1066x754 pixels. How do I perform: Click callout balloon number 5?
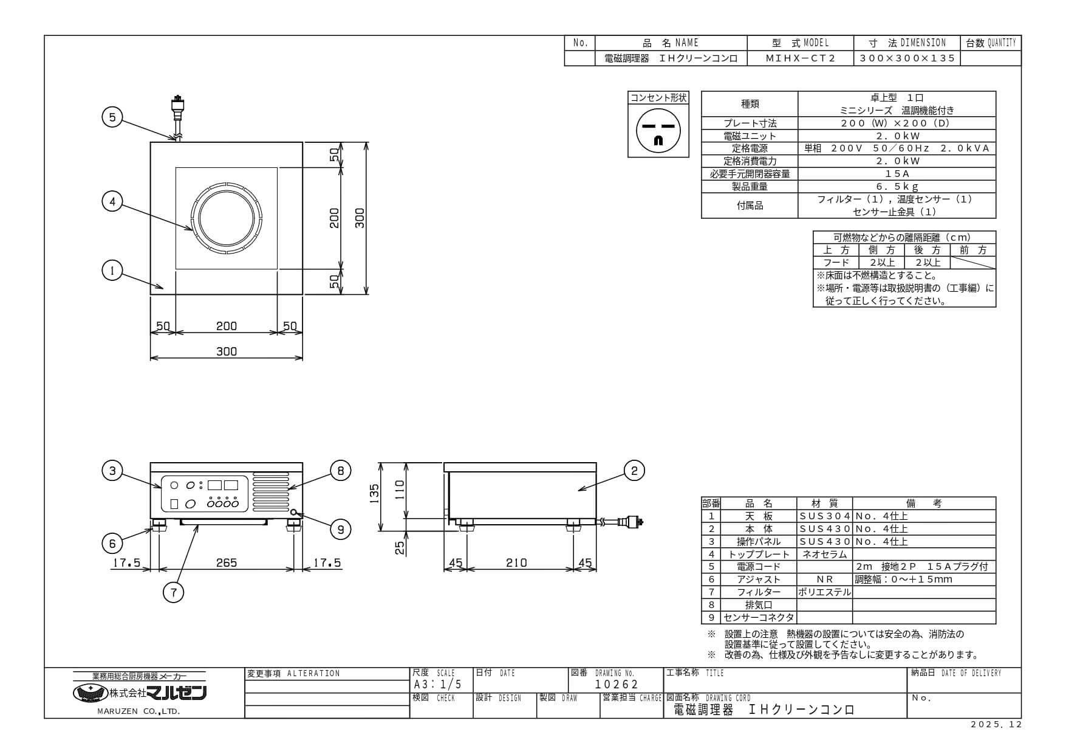coord(112,117)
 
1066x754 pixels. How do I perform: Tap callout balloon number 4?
coord(112,201)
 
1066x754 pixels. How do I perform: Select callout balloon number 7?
coord(174,592)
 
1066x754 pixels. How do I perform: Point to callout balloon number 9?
coord(340,530)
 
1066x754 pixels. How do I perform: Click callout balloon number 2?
coord(634,470)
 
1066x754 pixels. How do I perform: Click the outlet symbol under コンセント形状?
coord(658,130)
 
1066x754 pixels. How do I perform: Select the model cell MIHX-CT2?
coord(800,58)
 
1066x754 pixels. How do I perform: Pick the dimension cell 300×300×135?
coord(907,58)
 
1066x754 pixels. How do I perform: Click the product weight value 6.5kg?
coord(897,187)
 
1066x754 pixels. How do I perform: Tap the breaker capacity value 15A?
coord(897,174)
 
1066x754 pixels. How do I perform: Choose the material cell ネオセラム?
coord(824,554)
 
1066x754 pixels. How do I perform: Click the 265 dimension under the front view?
coord(226,563)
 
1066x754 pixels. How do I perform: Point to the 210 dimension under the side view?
coord(516,563)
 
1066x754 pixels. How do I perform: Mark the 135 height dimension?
coord(374,491)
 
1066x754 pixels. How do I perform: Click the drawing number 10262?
coord(617,684)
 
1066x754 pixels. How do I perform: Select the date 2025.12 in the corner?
coord(996,724)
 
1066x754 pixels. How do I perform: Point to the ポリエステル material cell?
coord(824,592)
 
